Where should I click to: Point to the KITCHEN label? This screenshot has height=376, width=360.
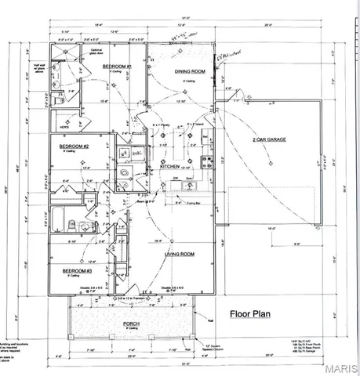(x=170, y=167)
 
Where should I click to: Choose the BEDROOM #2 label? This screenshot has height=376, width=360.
(x=75, y=146)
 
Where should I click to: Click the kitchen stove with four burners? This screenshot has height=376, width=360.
(x=209, y=163)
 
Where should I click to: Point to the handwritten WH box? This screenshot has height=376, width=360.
(x=122, y=153)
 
